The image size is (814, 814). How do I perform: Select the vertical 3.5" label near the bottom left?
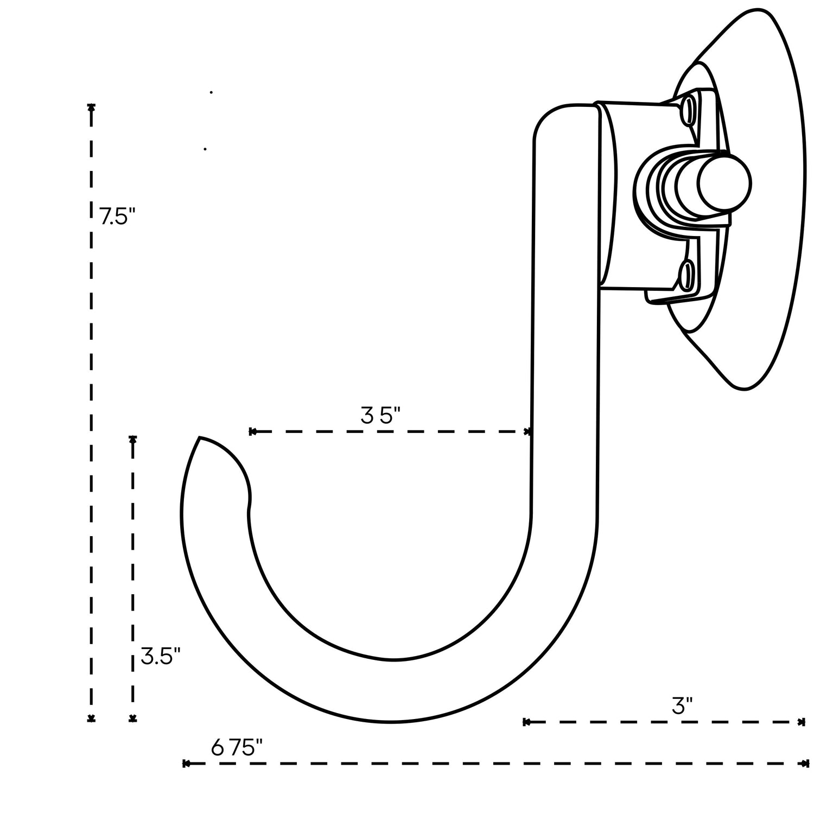[x=160, y=656]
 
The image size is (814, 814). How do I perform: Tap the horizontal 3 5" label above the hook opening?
[x=380, y=416]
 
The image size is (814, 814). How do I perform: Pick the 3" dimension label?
[x=682, y=707]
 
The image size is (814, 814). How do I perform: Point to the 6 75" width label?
[x=237, y=748]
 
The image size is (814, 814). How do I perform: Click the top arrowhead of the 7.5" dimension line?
[x=91, y=107]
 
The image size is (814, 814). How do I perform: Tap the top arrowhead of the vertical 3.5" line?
[x=132, y=439]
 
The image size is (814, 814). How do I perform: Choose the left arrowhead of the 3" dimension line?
[x=526, y=722]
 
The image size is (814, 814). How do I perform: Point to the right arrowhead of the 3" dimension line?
[x=802, y=722]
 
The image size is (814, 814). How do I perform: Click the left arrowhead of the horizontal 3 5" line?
[x=252, y=432]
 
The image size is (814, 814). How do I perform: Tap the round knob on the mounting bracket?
[x=724, y=182]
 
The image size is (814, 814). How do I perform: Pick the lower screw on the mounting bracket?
[x=686, y=274]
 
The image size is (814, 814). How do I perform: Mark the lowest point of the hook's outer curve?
[x=391, y=722]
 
